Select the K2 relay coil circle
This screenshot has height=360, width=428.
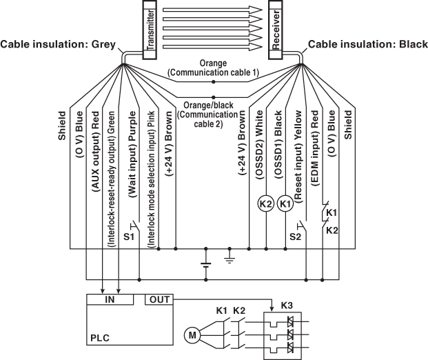(265, 204)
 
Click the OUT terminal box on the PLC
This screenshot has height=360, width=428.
(159, 299)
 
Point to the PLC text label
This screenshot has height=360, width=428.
(100, 339)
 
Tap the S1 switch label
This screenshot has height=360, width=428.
(129, 237)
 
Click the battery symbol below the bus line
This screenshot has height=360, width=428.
(205, 263)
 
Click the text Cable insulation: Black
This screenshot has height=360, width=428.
(367, 45)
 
